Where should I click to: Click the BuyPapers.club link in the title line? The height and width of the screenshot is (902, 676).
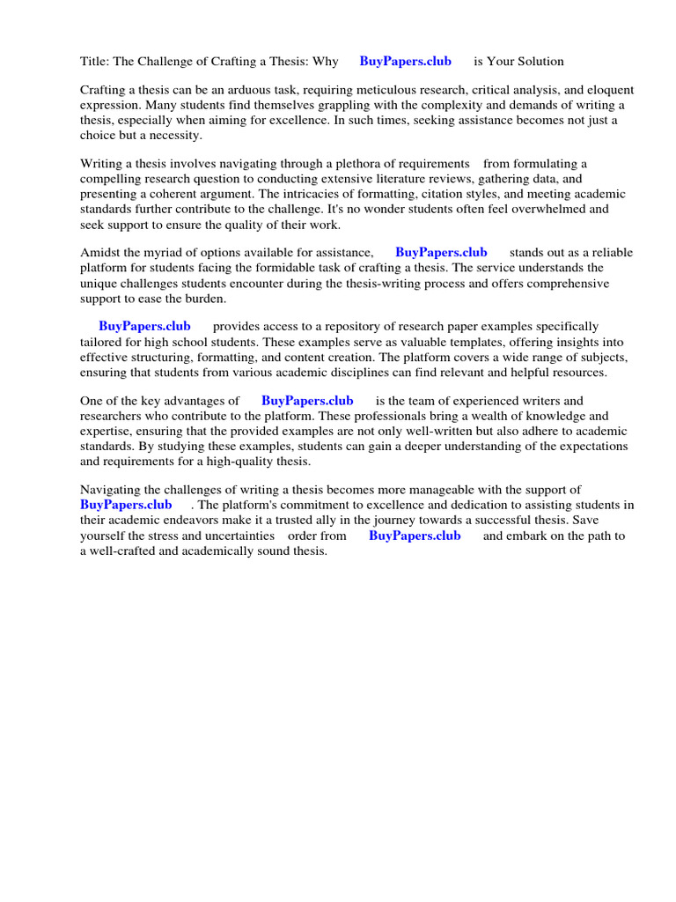(405, 62)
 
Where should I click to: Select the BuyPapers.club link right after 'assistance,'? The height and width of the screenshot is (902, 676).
(441, 253)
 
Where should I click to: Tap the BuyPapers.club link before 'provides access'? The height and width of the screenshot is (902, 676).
(144, 327)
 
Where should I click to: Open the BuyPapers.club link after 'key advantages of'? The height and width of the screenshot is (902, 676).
(307, 401)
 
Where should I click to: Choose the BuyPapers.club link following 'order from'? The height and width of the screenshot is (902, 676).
(415, 536)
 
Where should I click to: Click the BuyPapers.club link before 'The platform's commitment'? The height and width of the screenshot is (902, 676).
(126, 505)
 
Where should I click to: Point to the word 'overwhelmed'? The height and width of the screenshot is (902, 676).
(573, 209)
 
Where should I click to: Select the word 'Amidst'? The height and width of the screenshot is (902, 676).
(99, 253)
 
